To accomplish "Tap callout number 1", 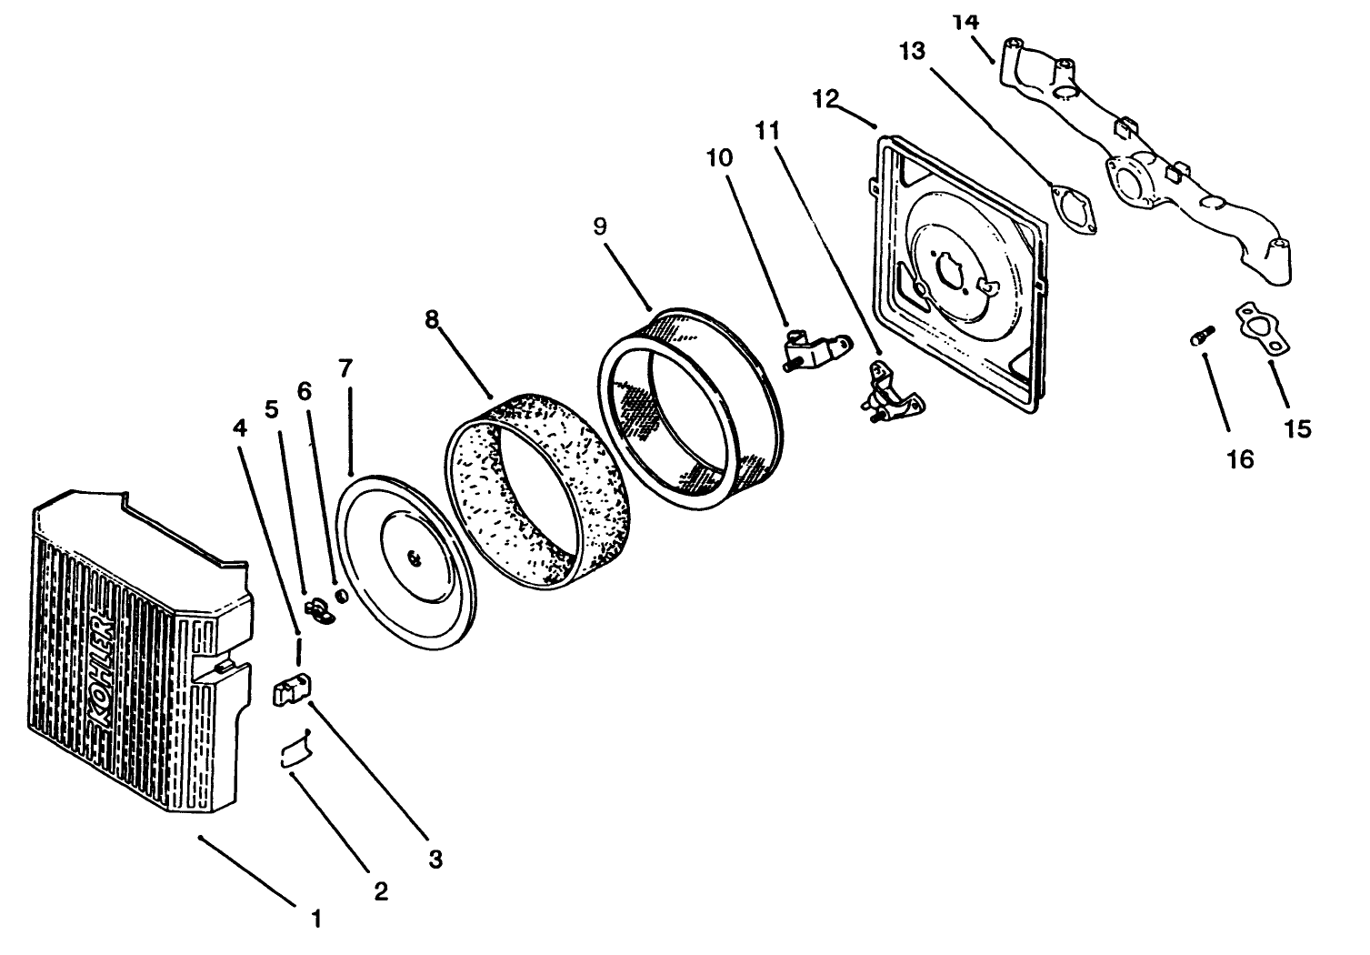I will [x=316, y=920].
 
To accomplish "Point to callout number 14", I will [x=964, y=20].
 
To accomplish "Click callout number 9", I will [x=600, y=226].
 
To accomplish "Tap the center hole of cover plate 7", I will [x=414, y=557].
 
